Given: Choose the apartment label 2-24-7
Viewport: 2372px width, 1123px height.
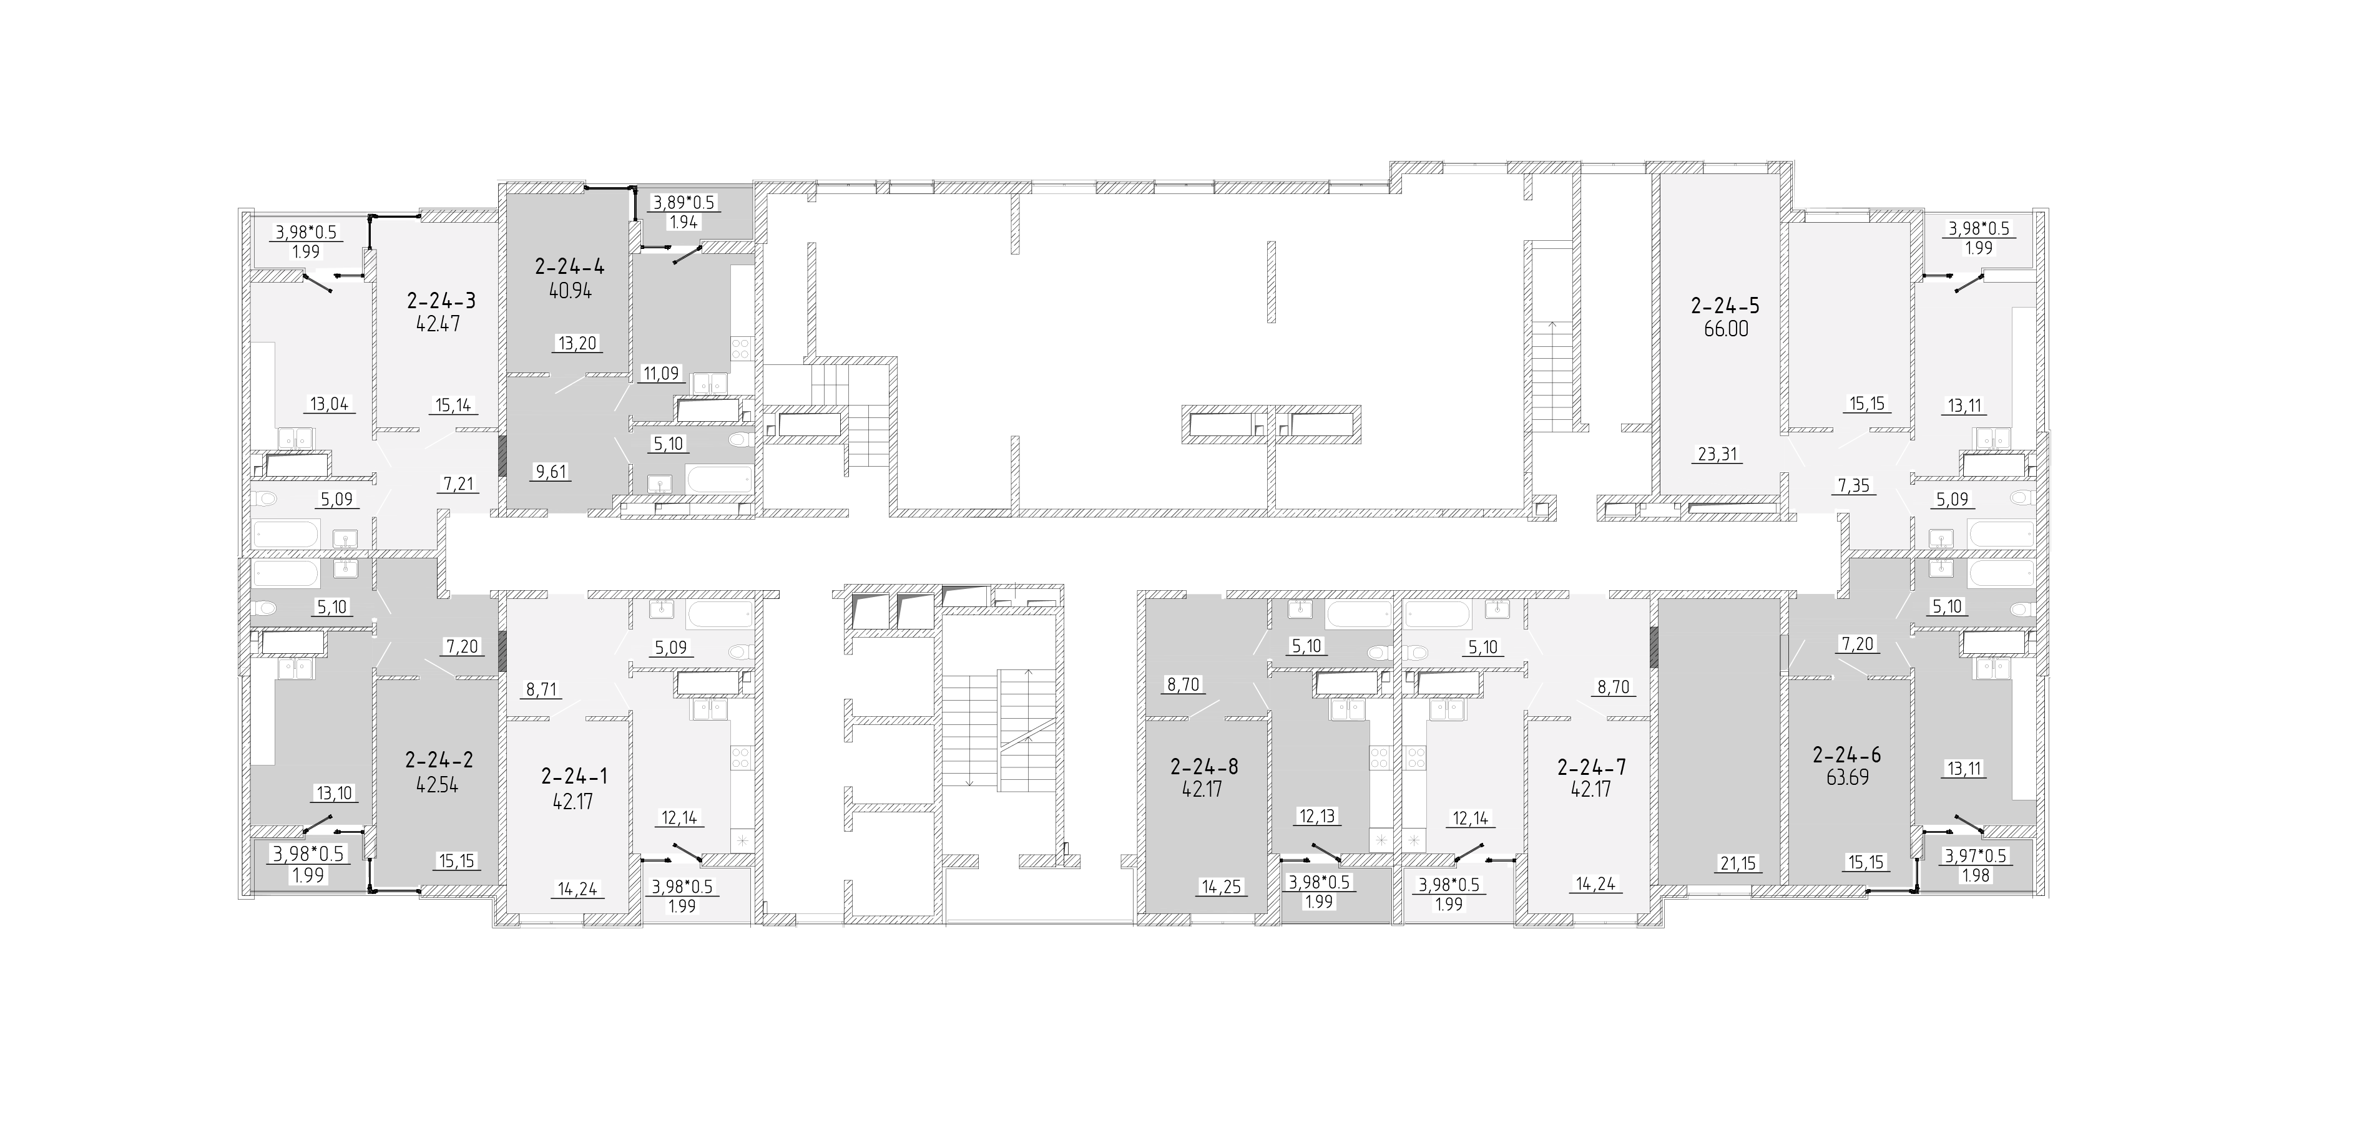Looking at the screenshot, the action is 1590,766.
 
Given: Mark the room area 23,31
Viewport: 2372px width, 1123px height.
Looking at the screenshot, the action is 1717,453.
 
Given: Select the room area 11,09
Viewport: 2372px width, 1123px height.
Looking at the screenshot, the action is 660,373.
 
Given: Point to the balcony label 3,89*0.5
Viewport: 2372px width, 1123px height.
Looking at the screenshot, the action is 684,203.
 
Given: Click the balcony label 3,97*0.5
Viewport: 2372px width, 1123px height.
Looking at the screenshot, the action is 1975,856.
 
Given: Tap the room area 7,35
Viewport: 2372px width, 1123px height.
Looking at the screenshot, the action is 1853,485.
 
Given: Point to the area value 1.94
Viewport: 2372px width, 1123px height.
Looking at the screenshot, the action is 684,222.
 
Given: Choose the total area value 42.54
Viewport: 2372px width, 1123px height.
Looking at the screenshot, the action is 438,785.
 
